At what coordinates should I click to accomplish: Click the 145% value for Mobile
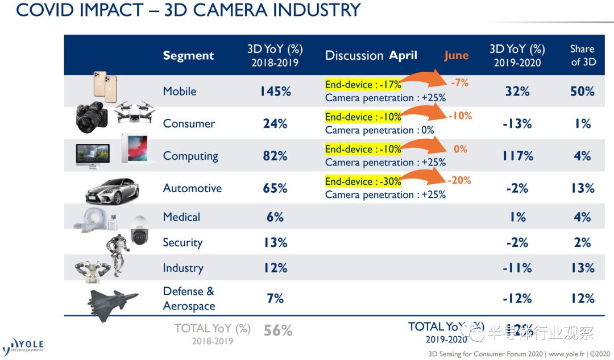pyautogui.click(x=275, y=92)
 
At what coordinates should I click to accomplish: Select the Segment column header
pyautogui.click(x=188, y=56)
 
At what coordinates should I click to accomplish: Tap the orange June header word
pyautogui.click(x=457, y=55)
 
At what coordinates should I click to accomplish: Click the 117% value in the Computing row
pyautogui.click(x=517, y=156)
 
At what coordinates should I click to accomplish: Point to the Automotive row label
pyautogui.click(x=192, y=188)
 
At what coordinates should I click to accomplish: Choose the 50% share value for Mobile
pyautogui.click(x=582, y=92)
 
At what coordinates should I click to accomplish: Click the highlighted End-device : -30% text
pyautogui.click(x=363, y=182)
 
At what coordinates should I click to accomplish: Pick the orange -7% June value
pyautogui.click(x=459, y=82)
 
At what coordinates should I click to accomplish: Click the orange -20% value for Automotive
pyautogui.click(x=460, y=180)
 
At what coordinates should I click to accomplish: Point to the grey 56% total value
pyautogui.click(x=278, y=330)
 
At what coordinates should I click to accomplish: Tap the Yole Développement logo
pyautogui.click(x=23, y=345)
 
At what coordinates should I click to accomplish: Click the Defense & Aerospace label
pyautogui.click(x=189, y=299)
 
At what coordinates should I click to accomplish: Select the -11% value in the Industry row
pyautogui.click(x=517, y=268)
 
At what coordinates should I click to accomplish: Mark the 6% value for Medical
pyautogui.click(x=275, y=217)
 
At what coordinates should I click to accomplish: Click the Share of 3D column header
pyautogui.click(x=583, y=55)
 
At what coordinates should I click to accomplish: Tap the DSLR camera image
pyautogui.click(x=92, y=118)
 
